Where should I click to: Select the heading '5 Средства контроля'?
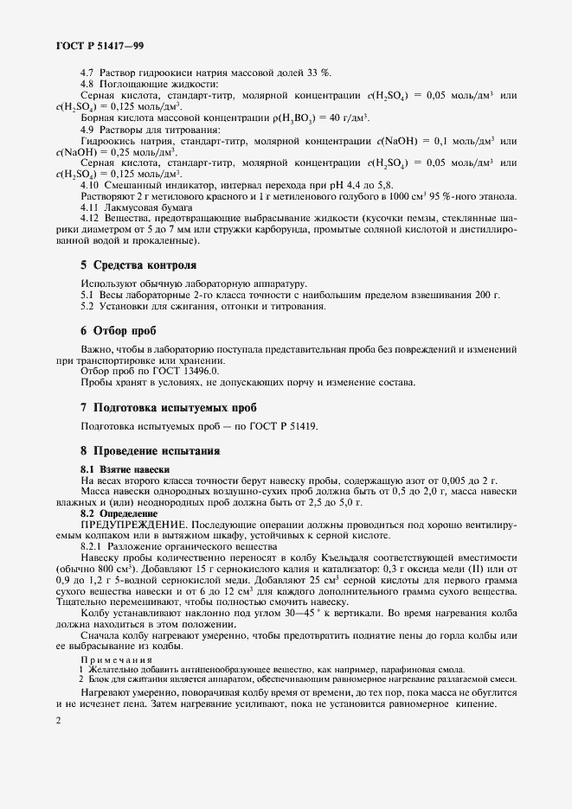point(138,264)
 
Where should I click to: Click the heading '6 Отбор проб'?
point(118,331)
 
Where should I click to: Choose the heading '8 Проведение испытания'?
point(150,450)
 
